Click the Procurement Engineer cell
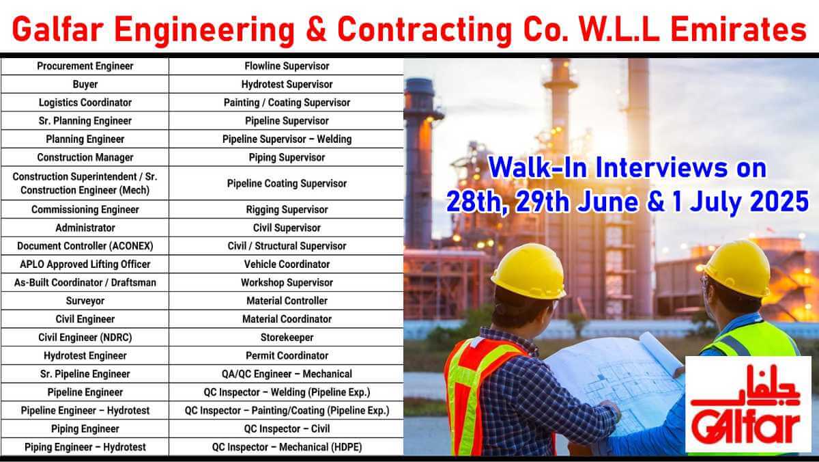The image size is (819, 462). [x=85, y=66]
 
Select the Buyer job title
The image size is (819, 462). [x=85, y=85]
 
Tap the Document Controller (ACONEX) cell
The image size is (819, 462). [x=85, y=246]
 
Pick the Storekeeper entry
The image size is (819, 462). [x=287, y=338]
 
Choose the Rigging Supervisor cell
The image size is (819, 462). [x=287, y=210]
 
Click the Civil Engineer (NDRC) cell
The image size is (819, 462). [x=85, y=338]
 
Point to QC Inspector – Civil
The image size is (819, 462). [x=287, y=429]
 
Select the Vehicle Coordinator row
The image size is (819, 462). [x=287, y=264]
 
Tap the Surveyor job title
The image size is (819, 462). [x=85, y=301]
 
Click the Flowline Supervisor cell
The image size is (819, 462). [x=287, y=66]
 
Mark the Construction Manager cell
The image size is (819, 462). [x=85, y=157]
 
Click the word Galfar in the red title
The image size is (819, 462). [x=58, y=30]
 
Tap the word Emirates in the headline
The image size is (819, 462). [x=738, y=30]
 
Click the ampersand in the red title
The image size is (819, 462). [x=316, y=30]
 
